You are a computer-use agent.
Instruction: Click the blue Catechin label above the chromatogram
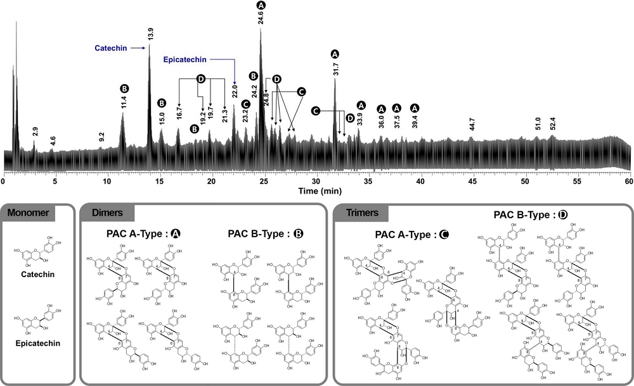tap(112, 47)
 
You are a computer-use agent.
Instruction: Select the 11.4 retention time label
tap(124, 102)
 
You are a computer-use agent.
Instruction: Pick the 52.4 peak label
tap(552, 123)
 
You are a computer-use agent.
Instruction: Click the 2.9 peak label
tap(36, 132)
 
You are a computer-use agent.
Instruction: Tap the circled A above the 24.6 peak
tap(261, 5)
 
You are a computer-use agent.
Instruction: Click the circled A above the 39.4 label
tap(415, 108)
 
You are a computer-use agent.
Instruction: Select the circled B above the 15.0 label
tap(162, 103)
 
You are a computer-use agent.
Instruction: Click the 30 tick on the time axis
tap(316, 181)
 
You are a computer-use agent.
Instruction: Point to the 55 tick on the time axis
tap(577, 181)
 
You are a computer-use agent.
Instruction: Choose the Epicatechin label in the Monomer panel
tap(36, 346)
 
